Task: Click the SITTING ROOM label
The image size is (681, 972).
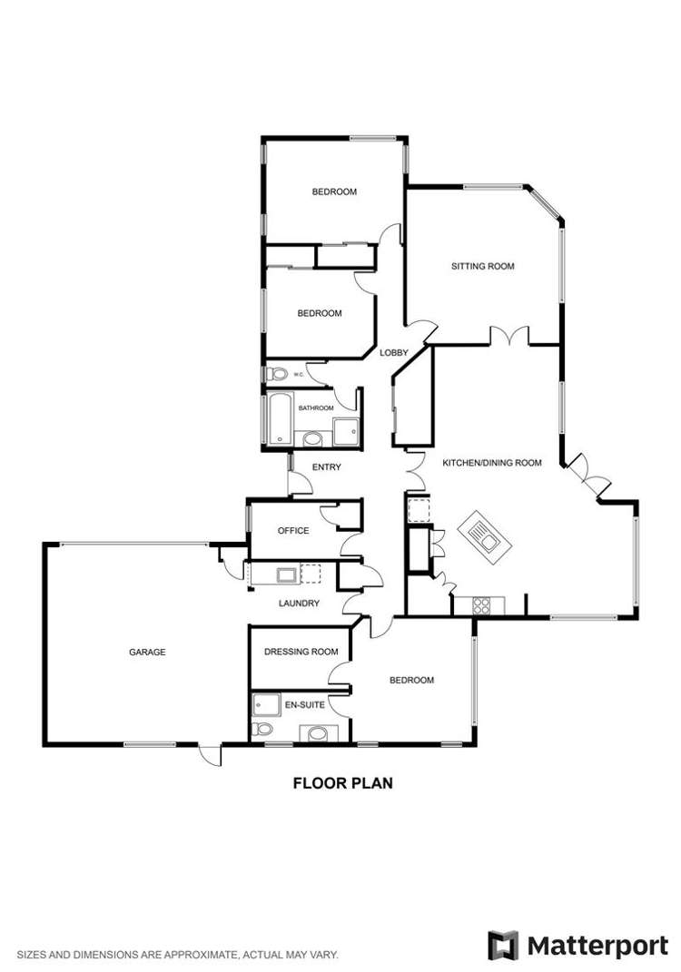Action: tap(483, 267)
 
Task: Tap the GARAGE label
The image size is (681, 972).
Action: tap(146, 652)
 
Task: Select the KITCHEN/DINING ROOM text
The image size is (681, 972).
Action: tap(491, 463)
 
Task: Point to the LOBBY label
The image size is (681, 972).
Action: tap(393, 353)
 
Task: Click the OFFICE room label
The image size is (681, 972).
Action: tap(293, 531)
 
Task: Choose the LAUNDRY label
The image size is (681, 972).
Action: tap(299, 603)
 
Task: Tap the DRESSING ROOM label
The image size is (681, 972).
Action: tap(301, 652)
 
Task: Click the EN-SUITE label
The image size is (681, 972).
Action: tap(302, 703)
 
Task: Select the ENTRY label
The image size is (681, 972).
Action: tap(326, 467)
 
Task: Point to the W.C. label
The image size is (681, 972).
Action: tap(298, 373)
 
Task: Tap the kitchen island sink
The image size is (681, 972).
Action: tap(489, 543)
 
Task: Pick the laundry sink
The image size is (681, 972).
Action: tap(285, 574)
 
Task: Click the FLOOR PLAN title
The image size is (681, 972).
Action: tap(342, 783)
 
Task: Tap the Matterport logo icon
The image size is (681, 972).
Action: tap(503, 945)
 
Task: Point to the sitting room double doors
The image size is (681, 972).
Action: tap(509, 336)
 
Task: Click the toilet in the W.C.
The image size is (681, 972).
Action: tap(278, 373)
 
